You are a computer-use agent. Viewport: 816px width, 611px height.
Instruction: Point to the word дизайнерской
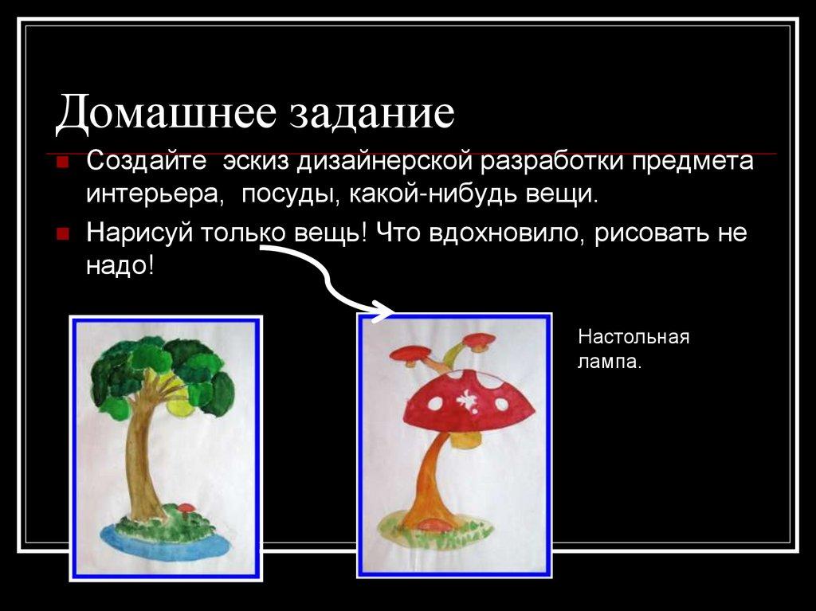pos(387,162)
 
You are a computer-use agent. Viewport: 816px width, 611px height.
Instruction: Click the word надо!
pos(120,264)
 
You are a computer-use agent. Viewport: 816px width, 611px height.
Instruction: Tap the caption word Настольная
pos(634,336)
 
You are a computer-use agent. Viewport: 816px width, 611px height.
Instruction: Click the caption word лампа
pos(609,362)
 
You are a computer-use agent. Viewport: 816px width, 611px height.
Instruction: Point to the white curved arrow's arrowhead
pos(386,311)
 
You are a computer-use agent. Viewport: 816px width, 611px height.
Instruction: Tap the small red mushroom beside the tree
pos(186,508)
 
